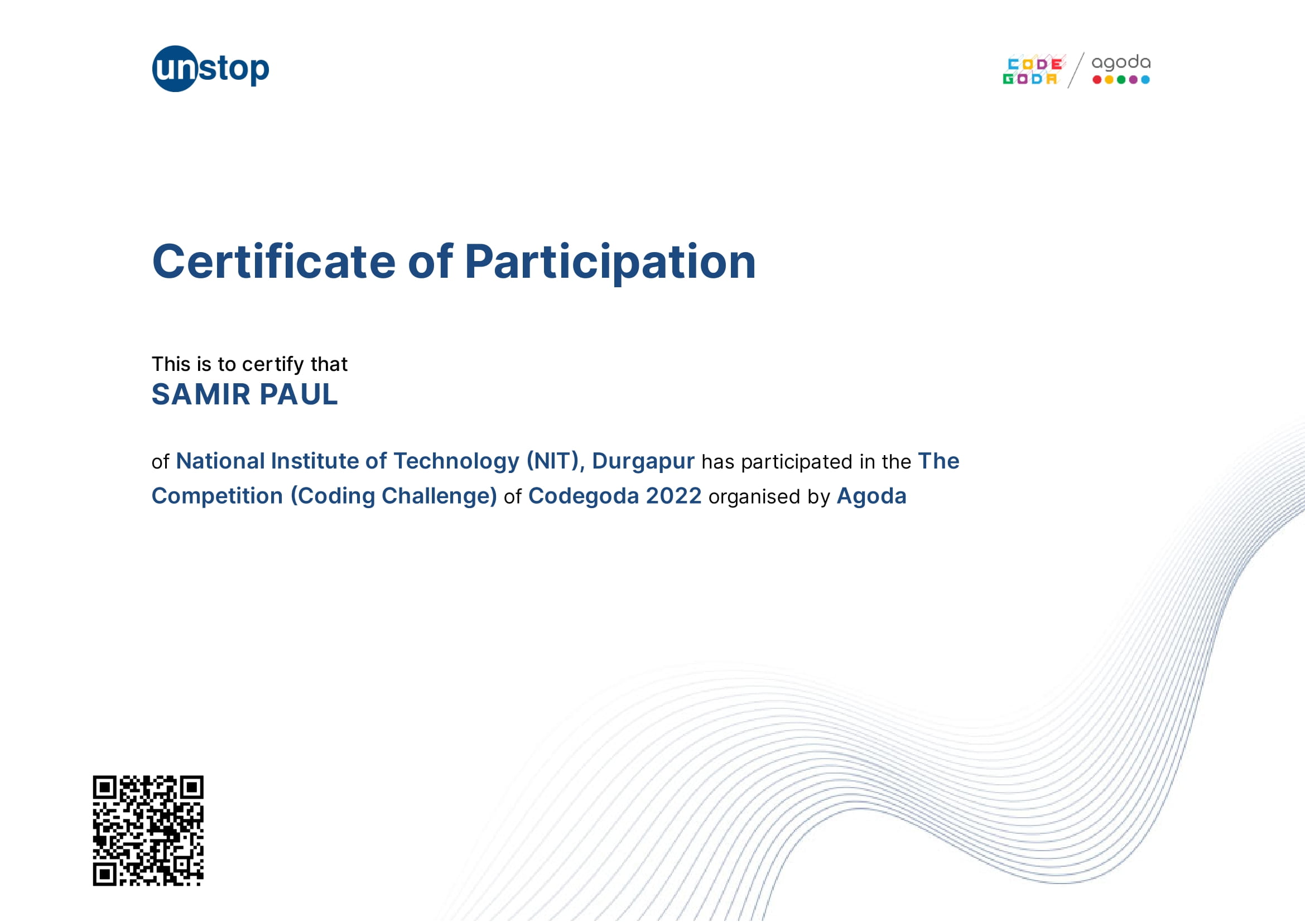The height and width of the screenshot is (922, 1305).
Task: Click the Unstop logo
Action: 210,69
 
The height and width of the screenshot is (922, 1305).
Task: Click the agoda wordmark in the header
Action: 1121,62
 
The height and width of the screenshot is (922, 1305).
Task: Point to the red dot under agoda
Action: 1097,80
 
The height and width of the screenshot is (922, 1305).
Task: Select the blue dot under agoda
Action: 1145,80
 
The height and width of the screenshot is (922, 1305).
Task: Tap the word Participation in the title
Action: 610,263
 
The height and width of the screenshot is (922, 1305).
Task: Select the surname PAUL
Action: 299,394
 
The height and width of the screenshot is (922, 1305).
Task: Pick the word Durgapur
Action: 643,462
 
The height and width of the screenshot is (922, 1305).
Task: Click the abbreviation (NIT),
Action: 555,461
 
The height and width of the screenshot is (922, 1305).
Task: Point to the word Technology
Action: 456,462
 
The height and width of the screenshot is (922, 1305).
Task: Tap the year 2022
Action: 673,496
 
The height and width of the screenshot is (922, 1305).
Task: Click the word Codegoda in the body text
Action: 584,497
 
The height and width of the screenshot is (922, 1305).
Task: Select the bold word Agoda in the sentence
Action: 871,497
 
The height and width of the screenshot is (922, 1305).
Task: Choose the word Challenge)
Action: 439,496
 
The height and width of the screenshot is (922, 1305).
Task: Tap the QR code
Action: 148,831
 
